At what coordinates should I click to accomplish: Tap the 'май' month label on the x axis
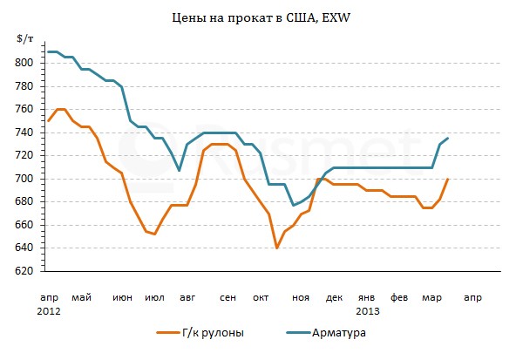pos(82,297)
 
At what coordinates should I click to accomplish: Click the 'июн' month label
pos(123,297)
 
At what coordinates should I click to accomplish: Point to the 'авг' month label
pos(187,297)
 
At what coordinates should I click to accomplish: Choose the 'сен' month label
pos(228,297)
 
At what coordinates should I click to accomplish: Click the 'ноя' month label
pos(301,297)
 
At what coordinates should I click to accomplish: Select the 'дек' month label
pos(335,297)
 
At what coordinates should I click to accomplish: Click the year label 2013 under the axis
pos(368,310)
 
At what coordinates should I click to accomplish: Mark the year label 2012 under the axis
pos(49,310)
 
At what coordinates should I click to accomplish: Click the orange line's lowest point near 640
pos(277,248)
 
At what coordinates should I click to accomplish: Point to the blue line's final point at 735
pos(448,139)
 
